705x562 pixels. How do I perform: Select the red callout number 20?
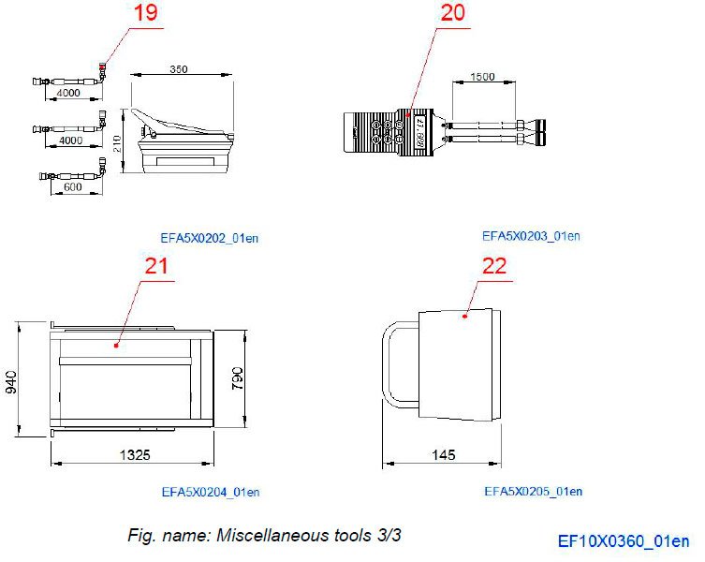point(453,13)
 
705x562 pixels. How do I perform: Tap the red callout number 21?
point(157,266)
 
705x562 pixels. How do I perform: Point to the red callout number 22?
point(493,265)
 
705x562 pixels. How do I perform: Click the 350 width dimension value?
point(178,69)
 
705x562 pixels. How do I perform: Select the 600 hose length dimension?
point(72,186)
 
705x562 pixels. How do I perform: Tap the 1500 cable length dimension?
point(482,75)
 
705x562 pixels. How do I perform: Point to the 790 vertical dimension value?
point(237,379)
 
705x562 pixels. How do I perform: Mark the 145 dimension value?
point(444,455)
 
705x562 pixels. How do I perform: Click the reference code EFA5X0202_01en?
point(210,238)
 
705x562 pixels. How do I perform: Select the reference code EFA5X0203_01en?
point(531,236)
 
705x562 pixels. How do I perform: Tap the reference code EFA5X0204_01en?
point(210,491)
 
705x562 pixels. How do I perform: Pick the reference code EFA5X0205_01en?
point(532,491)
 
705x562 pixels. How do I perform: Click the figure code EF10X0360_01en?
point(624,540)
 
